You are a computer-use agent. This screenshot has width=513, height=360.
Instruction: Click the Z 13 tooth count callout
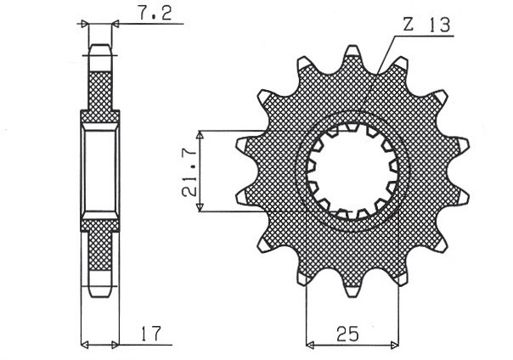[x=426, y=26]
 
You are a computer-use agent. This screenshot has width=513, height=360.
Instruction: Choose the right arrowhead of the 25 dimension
[x=396, y=345]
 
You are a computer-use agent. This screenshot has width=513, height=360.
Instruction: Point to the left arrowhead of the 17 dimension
[x=85, y=345]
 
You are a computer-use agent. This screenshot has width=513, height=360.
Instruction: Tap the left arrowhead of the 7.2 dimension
[x=85, y=25]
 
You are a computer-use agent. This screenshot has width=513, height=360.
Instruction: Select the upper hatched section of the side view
[x=100, y=89]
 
